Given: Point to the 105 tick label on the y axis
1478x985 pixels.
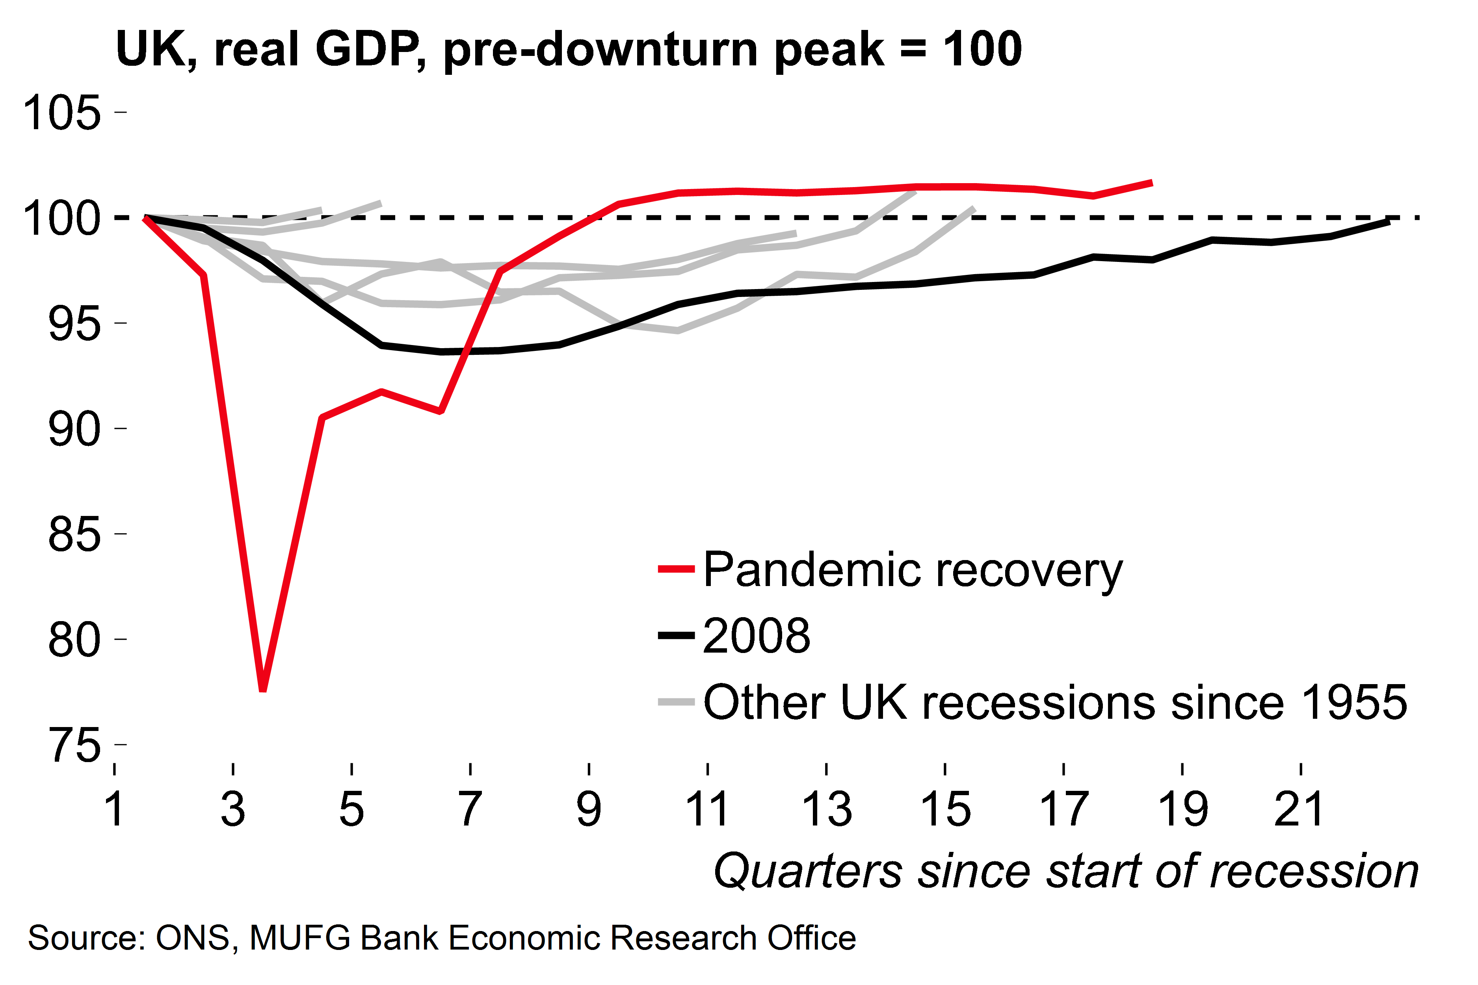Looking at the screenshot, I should pos(61,113).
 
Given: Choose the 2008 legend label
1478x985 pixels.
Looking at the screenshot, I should pos(757,636).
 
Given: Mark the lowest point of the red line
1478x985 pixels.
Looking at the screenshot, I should pos(263,690).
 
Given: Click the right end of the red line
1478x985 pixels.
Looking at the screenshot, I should pos(1151,183).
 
